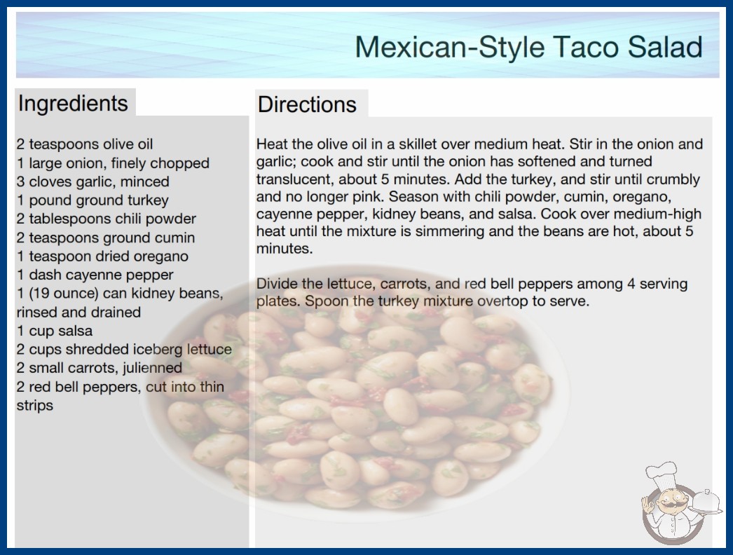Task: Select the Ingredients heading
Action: point(73,104)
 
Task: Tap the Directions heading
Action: point(307,104)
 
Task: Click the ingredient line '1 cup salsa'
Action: point(55,331)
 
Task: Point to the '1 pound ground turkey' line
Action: point(93,200)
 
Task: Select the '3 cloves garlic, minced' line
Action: point(93,181)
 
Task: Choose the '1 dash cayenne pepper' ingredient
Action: point(95,275)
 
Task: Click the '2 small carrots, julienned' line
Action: point(99,368)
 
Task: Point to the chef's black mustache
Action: point(671,504)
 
